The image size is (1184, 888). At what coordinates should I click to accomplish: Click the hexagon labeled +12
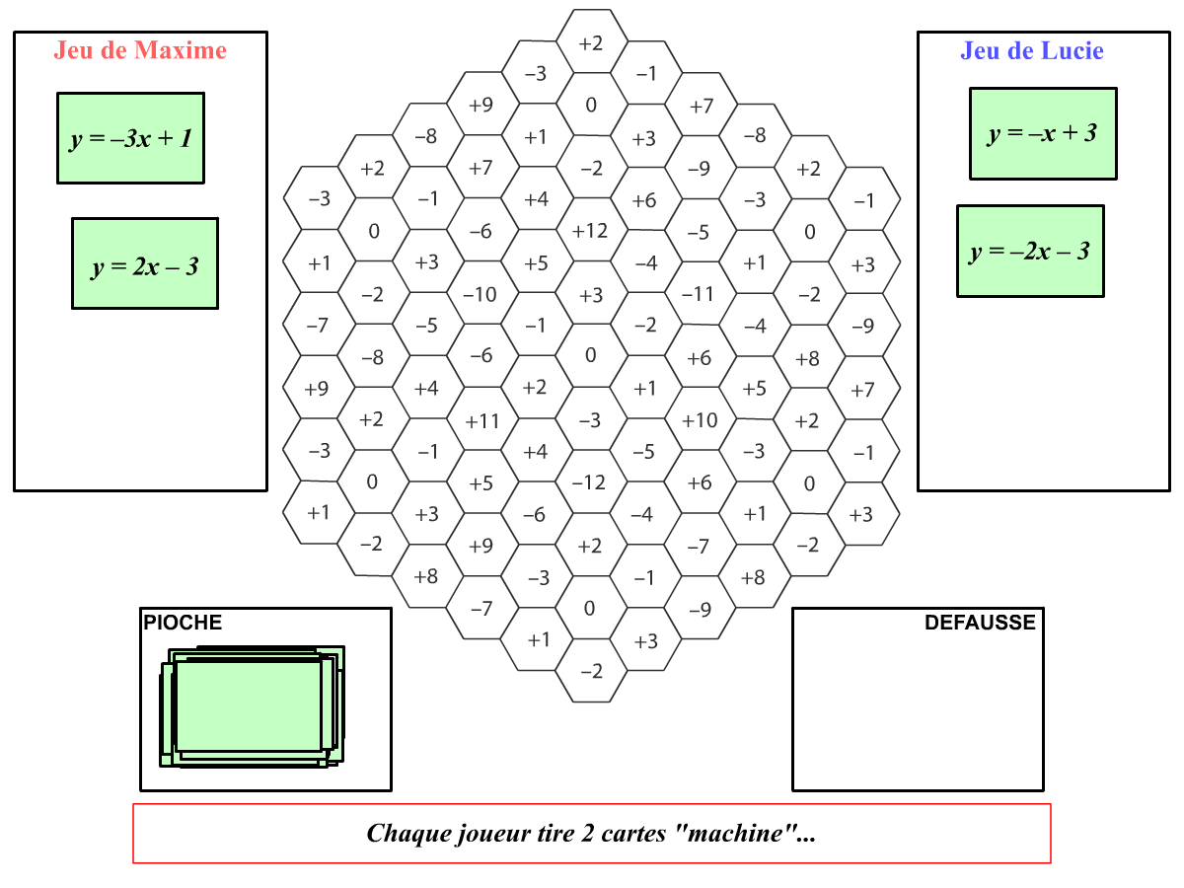pos(591,231)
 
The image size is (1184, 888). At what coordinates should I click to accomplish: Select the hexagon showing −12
pos(590,482)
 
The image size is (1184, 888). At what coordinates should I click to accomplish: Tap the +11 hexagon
pos(482,421)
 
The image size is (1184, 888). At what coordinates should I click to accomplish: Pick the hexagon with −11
pos(698,294)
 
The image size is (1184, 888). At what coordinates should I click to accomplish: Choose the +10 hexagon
pos(700,420)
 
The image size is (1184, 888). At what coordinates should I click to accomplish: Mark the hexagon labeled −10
pos(481,294)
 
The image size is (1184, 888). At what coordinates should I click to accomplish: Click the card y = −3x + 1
pos(130,138)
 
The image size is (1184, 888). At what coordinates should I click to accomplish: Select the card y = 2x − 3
pos(145,263)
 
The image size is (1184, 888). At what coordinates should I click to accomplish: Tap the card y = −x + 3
pos(1043,134)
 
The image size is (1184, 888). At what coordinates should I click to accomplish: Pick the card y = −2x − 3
pos(1030,252)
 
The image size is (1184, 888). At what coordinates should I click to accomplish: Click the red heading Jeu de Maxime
pos(140,50)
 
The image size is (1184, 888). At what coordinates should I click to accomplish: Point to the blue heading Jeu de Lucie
pos(1032,50)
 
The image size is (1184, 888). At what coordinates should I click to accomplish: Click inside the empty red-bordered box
pos(592,834)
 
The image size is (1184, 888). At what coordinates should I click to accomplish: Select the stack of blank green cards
pos(252,705)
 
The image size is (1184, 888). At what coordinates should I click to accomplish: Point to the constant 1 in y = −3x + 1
pos(185,138)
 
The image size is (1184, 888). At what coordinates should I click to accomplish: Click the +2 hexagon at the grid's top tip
pos(591,42)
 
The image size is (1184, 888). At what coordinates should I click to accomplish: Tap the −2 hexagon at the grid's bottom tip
pos(591,672)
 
